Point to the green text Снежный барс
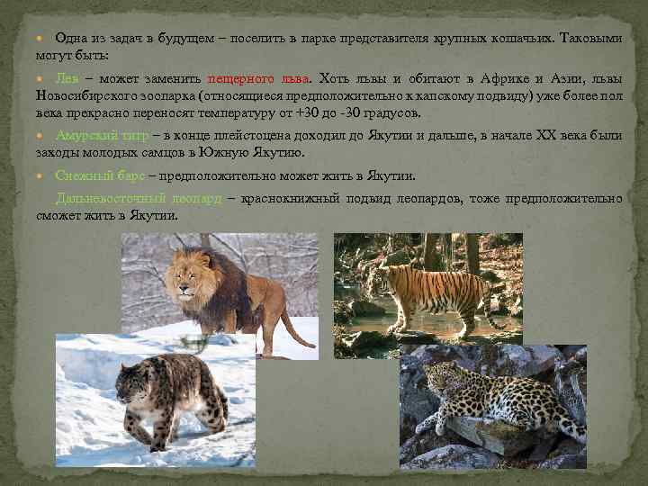pyautogui.click(x=98, y=175)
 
